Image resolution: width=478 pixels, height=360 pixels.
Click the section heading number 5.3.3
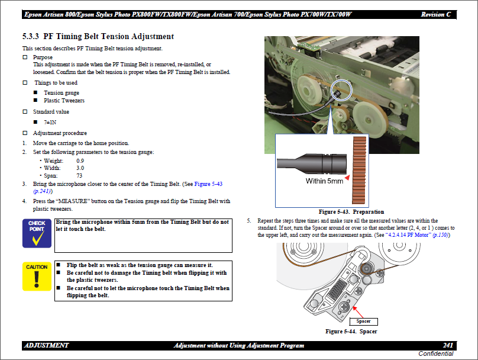coord(31,37)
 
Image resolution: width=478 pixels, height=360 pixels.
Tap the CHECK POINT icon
coord(37,233)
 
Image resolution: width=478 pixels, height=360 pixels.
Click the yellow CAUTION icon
coord(37,276)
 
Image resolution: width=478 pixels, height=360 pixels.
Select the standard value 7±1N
coord(50,122)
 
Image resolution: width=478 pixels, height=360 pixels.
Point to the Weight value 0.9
coord(80,161)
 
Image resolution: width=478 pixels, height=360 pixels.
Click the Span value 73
coord(79,176)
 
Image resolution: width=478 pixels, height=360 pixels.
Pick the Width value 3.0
coord(80,168)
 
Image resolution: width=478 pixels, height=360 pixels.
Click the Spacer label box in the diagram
coord(363,321)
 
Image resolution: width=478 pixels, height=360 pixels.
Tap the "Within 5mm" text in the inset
coord(324,181)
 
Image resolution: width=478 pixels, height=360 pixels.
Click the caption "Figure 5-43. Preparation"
coord(351,211)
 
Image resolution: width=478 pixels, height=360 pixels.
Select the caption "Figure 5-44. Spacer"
coord(351,332)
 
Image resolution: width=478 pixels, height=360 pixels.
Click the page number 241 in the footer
coord(448,345)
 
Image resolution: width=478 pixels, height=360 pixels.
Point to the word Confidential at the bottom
coord(436,353)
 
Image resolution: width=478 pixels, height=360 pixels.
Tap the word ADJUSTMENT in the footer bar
coord(47,345)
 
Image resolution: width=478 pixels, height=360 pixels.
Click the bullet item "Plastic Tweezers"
coord(64,101)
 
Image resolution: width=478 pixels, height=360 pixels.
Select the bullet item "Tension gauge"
coord(61,93)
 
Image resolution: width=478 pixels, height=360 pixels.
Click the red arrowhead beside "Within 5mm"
coord(348,177)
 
